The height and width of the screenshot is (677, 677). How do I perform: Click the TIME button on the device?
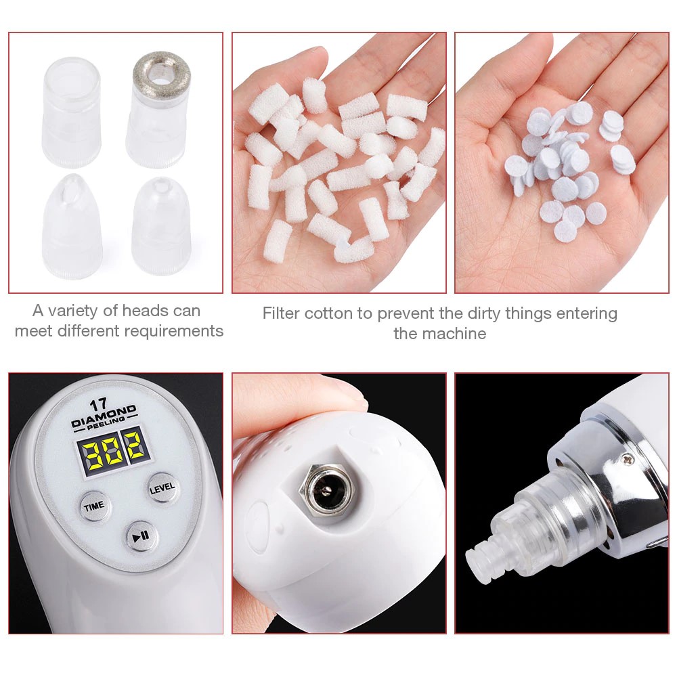tap(93, 506)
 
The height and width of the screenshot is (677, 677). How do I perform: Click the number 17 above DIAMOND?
tap(98, 406)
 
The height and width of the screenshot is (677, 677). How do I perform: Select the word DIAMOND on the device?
tap(104, 416)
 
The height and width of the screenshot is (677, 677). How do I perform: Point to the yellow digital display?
tap(114, 452)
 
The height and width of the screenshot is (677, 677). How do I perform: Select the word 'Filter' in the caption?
tap(281, 313)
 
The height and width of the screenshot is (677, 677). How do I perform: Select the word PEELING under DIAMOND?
tap(106, 423)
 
